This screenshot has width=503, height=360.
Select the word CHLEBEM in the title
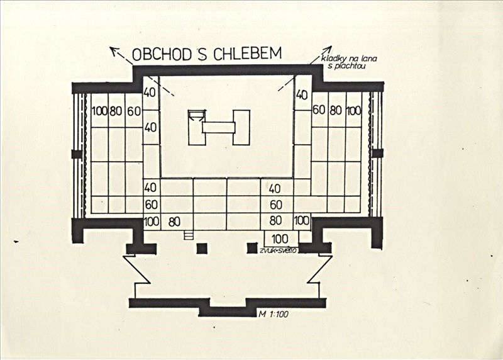(x=247, y=53)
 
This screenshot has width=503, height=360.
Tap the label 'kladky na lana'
(x=349, y=59)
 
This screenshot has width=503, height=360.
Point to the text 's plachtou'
(x=347, y=66)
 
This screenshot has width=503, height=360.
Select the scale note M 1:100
(x=274, y=314)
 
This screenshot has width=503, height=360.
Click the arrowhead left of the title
(x=113, y=50)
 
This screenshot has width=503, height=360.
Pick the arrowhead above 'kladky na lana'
(x=328, y=49)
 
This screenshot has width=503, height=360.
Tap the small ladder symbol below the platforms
(x=189, y=235)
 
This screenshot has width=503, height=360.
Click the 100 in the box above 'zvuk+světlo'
(x=280, y=239)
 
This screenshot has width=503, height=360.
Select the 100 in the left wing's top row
(x=99, y=111)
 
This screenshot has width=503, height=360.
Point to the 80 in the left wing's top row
(x=116, y=111)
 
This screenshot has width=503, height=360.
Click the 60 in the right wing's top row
(x=319, y=110)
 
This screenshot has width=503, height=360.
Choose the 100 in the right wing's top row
(x=353, y=111)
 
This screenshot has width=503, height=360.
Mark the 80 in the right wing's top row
(x=336, y=111)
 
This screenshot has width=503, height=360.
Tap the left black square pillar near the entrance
(x=202, y=248)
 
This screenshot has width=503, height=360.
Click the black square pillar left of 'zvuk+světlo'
(x=252, y=248)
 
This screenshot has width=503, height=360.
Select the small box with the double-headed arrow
(x=197, y=116)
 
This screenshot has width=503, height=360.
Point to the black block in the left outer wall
(x=77, y=154)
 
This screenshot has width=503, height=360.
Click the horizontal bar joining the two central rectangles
(x=219, y=128)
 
